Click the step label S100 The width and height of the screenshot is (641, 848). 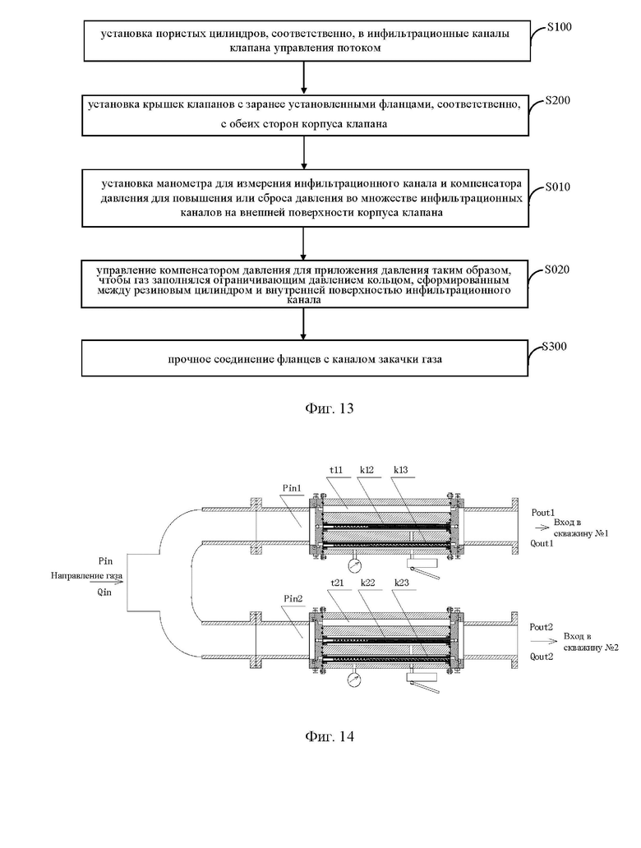click(559, 27)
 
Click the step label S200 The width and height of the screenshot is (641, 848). click(557, 100)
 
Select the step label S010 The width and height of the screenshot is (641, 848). click(557, 187)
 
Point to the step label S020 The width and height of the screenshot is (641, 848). click(557, 270)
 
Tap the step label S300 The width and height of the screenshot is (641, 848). click(555, 346)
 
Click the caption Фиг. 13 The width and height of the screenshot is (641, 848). click(329, 408)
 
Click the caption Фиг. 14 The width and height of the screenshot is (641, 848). click(329, 736)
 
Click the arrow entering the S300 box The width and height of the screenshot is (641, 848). click(303, 324)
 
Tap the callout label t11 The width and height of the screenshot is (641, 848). click(336, 470)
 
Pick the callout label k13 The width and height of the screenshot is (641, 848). click(400, 470)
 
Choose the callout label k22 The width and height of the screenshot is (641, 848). click(367, 583)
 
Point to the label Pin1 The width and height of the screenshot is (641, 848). click(292, 488)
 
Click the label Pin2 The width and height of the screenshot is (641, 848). click(293, 599)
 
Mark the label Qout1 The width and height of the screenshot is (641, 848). click(542, 543)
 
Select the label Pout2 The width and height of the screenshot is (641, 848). click(541, 627)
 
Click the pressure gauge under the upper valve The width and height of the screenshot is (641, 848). click(355, 567)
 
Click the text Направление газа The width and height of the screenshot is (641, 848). click(86, 576)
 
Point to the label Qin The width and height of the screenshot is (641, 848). click(104, 592)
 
